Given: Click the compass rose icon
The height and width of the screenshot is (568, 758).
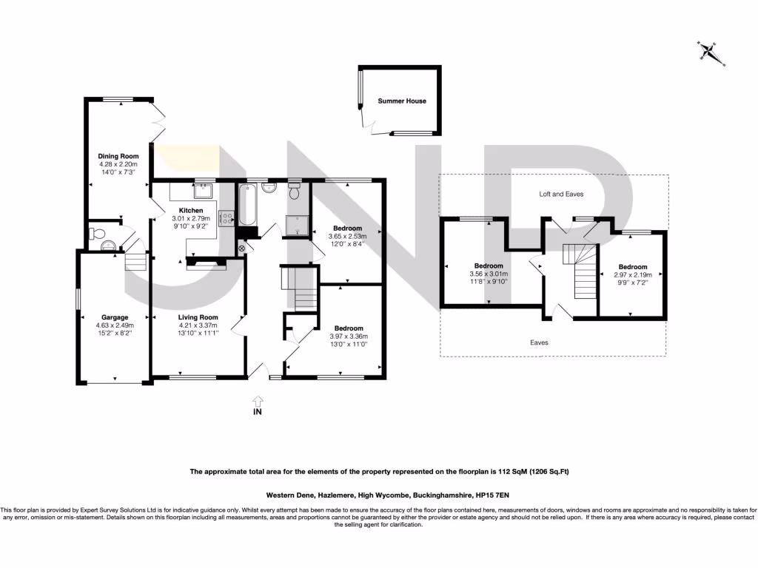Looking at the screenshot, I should coord(711,52).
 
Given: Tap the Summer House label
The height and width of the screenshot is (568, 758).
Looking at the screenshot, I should coord(402,101).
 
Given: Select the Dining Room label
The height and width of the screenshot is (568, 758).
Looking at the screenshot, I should coord(118,156).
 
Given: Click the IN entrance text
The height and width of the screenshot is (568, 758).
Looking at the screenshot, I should coord(258,411).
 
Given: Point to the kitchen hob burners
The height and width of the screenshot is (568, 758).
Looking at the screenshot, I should coord(226,217).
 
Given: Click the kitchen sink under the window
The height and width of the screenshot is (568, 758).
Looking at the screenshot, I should coord(202,192).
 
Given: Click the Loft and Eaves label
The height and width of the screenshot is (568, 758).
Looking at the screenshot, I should coord(560,195).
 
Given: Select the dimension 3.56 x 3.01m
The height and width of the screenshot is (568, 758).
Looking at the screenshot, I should coord(489,274).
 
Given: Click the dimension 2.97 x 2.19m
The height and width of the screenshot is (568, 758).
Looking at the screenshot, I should coord(633,274).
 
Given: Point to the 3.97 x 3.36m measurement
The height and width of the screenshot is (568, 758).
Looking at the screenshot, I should coord(348,337).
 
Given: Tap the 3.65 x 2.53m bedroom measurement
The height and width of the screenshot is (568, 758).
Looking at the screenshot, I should coord(347,236).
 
